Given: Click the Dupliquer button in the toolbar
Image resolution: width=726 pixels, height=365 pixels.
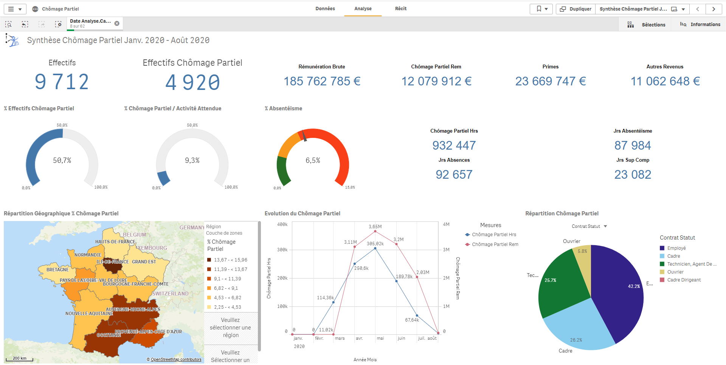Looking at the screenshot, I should [576, 9].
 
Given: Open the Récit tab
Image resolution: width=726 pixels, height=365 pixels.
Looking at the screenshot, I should [400, 9].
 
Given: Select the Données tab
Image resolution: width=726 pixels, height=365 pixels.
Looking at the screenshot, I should [325, 9].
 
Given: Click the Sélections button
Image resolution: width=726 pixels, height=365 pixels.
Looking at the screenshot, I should [647, 25].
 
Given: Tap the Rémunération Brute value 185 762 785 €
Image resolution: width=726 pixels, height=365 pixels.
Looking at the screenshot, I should [322, 81].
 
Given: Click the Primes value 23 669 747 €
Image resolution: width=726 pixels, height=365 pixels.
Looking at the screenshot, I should [550, 81].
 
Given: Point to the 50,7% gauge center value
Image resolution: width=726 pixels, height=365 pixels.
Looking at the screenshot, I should [62, 161].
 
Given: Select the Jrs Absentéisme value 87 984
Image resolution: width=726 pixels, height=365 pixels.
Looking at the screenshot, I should [633, 145].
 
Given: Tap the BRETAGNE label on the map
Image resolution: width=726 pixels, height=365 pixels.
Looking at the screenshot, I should [57, 270].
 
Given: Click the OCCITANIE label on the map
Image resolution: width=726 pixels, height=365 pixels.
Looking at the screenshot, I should [109, 335].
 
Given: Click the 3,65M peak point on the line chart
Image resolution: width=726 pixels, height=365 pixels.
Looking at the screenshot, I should [375, 231].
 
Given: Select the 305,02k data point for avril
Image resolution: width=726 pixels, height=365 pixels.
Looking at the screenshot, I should [375, 248].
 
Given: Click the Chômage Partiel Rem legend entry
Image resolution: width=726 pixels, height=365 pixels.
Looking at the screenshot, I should [495, 244].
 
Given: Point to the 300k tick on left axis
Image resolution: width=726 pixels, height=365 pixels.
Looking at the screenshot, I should [282, 250].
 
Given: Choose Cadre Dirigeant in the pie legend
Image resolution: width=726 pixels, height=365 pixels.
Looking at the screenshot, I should [684, 280].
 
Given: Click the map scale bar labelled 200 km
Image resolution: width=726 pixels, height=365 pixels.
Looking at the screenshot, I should [20, 359].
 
